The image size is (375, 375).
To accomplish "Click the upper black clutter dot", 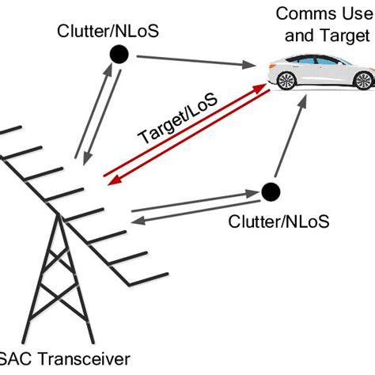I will (x=119, y=54).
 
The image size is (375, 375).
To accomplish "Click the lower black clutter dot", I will (x=271, y=191).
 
